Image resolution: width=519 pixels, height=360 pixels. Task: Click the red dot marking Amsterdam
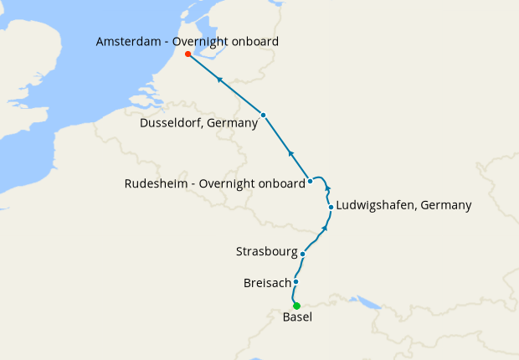(188, 54)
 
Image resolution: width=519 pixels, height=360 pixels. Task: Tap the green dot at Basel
(296, 306)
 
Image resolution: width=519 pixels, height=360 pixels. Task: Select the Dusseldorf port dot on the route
(263, 115)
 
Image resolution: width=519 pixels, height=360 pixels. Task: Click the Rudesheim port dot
(310, 181)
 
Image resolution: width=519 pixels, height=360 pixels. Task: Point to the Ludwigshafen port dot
(331, 207)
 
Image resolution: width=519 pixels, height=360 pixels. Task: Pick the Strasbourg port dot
(302, 253)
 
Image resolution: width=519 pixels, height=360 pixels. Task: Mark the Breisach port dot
(296, 282)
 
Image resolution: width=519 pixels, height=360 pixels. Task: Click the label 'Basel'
(297, 318)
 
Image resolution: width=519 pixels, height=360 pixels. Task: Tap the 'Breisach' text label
(266, 283)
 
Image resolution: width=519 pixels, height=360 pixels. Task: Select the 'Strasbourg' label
(265, 251)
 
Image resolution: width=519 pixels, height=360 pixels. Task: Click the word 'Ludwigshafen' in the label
(374, 205)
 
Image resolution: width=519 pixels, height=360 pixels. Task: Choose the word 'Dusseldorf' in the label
(173, 123)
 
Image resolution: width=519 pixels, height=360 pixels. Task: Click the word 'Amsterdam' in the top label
(130, 41)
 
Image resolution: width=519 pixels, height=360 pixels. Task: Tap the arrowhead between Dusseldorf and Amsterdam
(219, 80)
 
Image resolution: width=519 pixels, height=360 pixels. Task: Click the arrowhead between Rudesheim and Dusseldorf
(290, 153)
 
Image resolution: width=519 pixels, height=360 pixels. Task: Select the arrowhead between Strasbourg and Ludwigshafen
(325, 227)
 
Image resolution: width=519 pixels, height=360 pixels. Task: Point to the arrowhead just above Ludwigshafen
(328, 188)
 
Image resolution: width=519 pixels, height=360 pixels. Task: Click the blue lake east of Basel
(366, 301)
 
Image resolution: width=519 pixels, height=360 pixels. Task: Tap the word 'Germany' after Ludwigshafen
(445, 205)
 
